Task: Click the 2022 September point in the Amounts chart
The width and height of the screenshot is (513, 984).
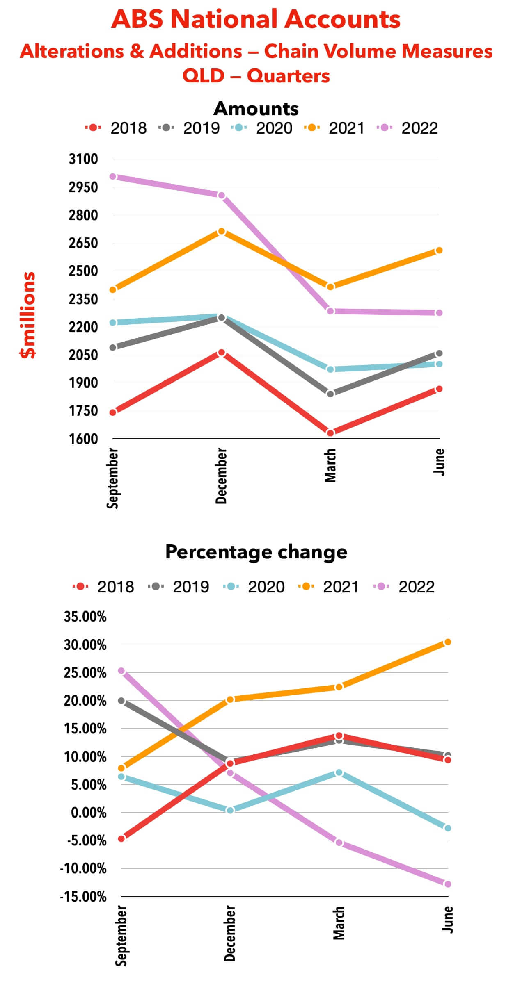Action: point(113,177)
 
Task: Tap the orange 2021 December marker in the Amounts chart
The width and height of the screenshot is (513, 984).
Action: point(221,232)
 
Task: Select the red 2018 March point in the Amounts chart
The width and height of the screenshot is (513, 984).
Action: point(330,433)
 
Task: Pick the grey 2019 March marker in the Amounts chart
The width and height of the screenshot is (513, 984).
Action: point(330,394)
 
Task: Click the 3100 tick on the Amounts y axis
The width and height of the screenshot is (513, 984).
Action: point(83,159)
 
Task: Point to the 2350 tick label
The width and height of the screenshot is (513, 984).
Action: point(83,299)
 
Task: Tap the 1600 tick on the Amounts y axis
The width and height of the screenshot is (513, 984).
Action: point(83,439)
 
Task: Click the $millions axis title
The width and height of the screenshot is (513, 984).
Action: point(28,315)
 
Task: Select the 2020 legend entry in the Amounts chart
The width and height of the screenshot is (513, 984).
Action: point(263,128)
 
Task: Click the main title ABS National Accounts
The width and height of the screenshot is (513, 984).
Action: point(256,19)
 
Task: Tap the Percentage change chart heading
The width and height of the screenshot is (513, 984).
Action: point(256,552)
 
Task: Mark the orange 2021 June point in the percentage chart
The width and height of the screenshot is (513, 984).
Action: point(448,642)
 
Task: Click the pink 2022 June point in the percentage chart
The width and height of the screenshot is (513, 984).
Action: point(448,884)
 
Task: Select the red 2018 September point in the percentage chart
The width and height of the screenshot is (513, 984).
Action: point(121,839)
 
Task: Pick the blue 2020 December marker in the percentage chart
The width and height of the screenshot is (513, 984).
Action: point(230,810)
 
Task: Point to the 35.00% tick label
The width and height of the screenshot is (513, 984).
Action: point(85,617)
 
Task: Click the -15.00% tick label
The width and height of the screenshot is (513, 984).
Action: point(83,897)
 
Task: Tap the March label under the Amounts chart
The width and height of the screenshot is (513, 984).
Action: point(330,465)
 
